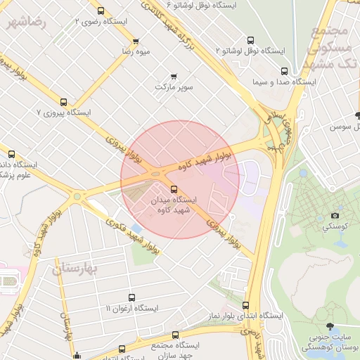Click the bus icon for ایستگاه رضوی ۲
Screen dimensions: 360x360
point(101,11)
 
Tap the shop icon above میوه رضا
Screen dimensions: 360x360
point(136,41)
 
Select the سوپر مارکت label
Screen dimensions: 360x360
point(174,87)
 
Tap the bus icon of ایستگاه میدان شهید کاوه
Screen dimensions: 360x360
point(174,188)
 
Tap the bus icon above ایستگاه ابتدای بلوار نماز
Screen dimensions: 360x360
point(245,305)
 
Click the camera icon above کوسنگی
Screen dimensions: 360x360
point(335,215)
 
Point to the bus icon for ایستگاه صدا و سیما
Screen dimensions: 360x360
point(284,71)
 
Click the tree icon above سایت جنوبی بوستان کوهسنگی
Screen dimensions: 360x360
point(330,326)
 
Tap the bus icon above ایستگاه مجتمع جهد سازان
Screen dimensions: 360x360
point(175,335)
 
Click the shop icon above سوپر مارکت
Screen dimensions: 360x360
point(174,76)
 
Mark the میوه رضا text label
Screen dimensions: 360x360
point(136,52)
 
